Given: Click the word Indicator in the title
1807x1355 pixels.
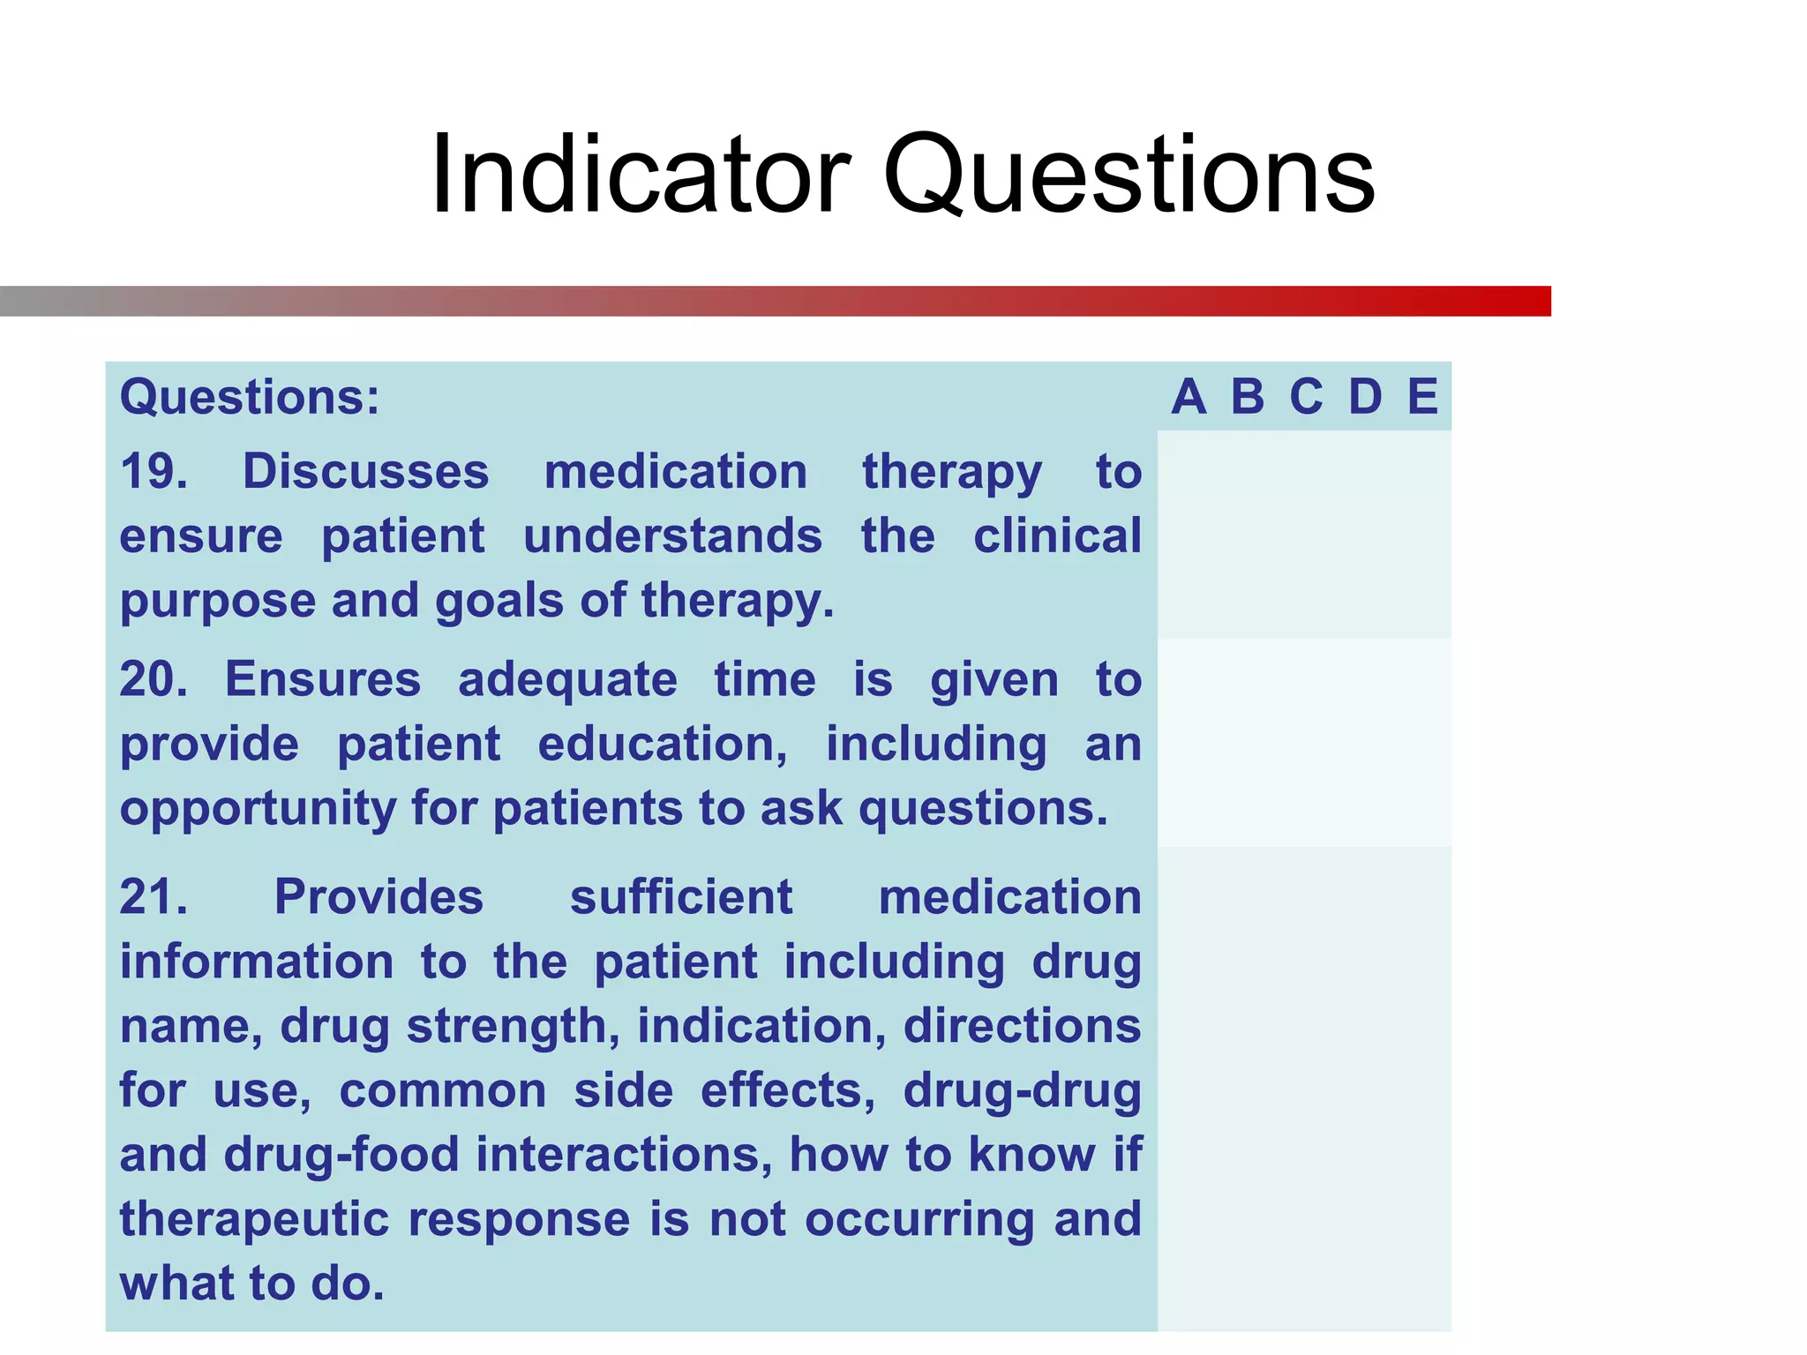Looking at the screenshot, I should [641, 174].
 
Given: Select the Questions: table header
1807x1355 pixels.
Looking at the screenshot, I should [250, 397].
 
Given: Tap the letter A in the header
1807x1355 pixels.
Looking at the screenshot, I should [1188, 397].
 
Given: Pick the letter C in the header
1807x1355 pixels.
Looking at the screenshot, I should [1306, 397].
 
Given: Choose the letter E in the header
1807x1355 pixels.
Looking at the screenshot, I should [1422, 397].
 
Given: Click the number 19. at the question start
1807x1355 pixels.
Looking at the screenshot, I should [154, 471].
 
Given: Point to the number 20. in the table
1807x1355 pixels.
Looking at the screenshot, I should [154, 679].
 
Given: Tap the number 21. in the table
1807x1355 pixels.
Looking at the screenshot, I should [154, 897].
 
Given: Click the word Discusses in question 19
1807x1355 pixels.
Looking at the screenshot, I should [365, 471].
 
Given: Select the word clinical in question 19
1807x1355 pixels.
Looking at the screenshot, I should [1057, 536].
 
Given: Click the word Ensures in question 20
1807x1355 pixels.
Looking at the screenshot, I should [323, 679].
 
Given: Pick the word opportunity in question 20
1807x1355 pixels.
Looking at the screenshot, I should [259, 809].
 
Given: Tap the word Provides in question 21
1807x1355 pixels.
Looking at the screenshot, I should [379, 897].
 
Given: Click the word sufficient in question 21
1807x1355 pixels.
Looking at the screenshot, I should [681, 897].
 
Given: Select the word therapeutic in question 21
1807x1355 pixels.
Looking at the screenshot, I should [254, 1219].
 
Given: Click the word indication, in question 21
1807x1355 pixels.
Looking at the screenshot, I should [761, 1026].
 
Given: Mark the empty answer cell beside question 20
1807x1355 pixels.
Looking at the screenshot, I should [1304, 743].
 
